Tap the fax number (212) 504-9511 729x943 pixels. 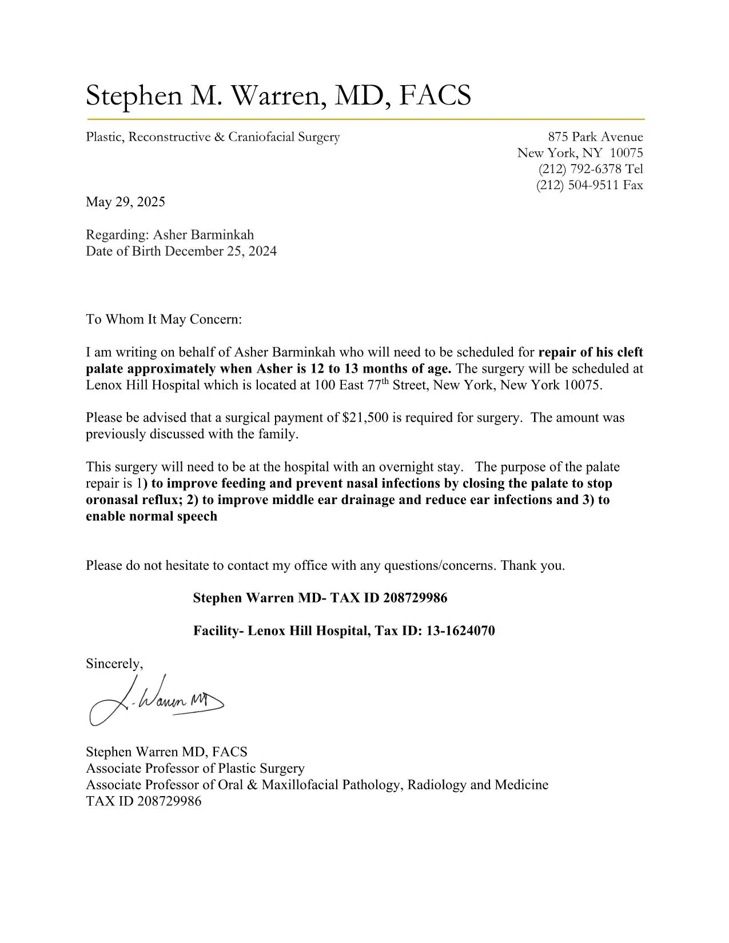point(578,185)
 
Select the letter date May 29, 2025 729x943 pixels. point(125,202)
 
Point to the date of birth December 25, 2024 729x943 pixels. point(221,251)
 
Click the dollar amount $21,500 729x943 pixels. point(365,418)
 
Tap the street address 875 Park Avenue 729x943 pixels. point(595,137)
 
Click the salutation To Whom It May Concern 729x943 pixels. point(164,319)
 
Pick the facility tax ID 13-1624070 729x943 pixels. point(460,631)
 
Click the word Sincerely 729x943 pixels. point(114,664)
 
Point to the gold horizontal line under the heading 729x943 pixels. point(365,119)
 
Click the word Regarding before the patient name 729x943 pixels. point(117,235)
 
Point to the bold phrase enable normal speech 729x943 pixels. point(152,517)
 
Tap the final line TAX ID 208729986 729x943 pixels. point(144,801)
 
